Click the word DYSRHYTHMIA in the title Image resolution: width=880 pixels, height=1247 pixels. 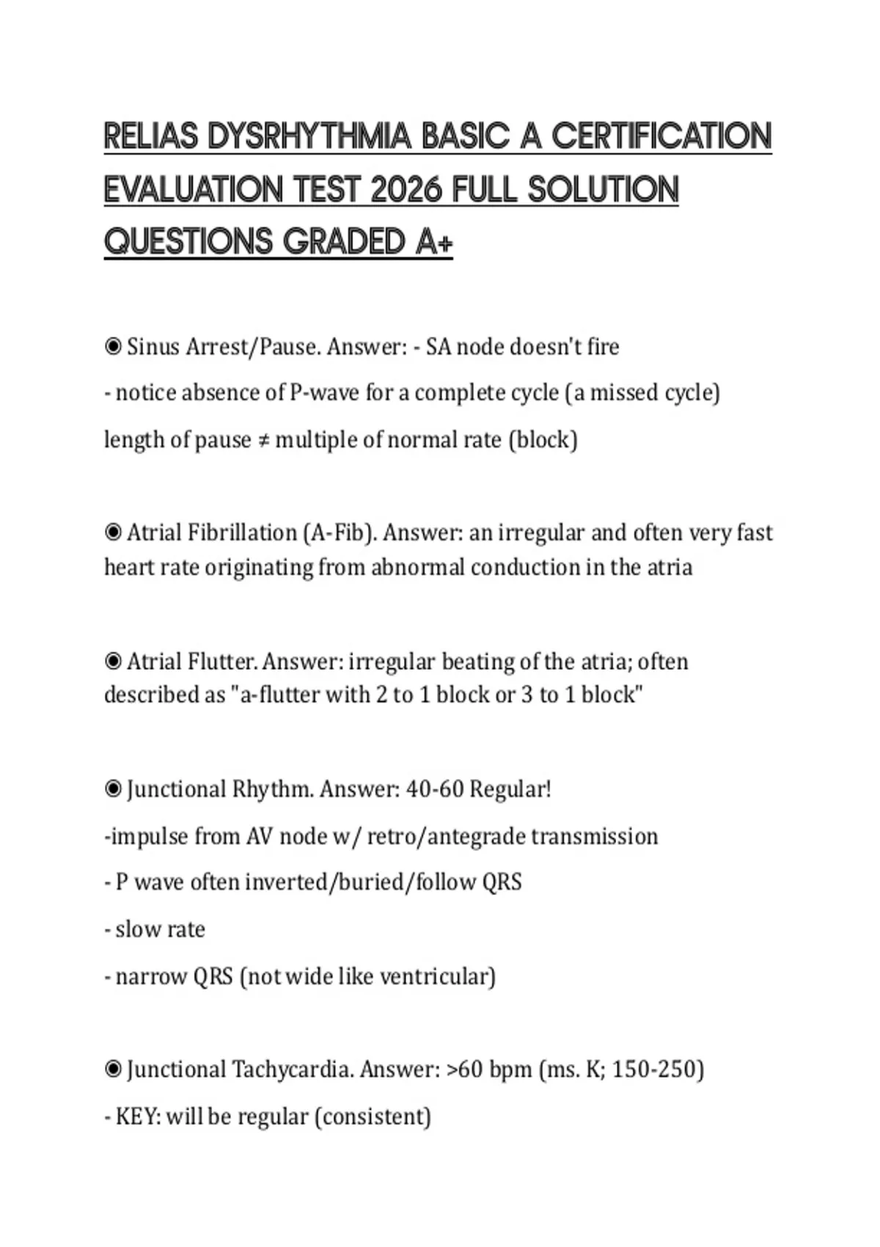[x=309, y=136]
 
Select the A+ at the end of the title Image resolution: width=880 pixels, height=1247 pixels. [x=434, y=242]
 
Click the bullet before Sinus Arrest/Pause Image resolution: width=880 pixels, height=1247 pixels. [x=113, y=346]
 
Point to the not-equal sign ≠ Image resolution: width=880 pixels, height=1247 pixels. [x=263, y=440]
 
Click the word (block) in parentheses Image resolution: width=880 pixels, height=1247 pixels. [x=543, y=440]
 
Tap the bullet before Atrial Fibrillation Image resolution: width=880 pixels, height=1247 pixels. [x=113, y=532]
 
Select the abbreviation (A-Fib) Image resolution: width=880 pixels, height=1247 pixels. [x=340, y=532]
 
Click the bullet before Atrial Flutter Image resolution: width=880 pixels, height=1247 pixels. [x=113, y=662]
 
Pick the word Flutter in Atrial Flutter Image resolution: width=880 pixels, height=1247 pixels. [x=222, y=662]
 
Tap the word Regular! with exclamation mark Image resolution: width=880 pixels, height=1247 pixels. [x=510, y=789]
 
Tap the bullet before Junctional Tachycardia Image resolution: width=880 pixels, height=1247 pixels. [x=113, y=1069]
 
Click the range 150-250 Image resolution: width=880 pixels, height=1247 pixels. [x=658, y=1069]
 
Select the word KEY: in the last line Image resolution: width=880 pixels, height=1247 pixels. [x=138, y=1116]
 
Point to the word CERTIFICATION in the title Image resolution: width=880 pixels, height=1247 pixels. [x=661, y=136]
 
